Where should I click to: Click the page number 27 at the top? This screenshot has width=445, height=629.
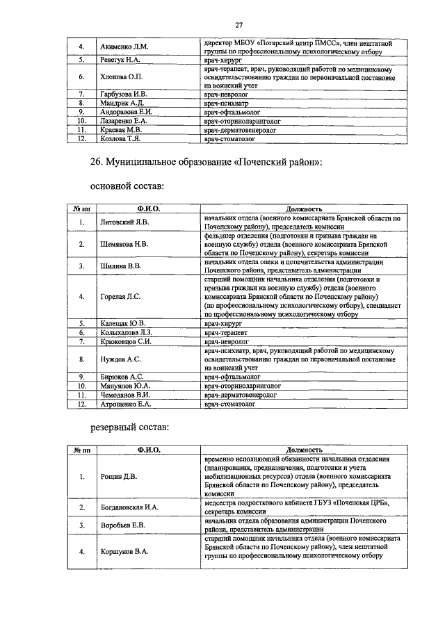click(x=238, y=26)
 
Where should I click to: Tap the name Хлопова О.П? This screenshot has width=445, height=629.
click(x=121, y=77)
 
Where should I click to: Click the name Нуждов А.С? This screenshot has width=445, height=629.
click(x=120, y=359)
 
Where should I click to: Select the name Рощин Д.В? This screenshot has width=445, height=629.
click(x=118, y=477)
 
